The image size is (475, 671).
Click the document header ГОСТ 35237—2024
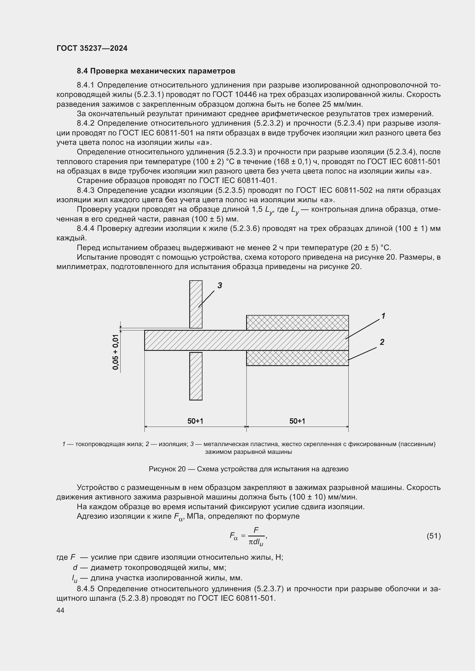click(x=92, y=48)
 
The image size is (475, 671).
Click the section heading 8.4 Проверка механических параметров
click(x=156, y=71)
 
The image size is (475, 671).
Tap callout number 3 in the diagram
click(x=220, y=285)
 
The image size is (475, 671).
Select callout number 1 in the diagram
click(x=383, y=316)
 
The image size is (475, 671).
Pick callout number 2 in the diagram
click(x=382, y=342)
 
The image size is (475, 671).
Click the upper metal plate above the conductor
click(x=196, y=304)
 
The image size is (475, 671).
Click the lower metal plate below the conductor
click(x=196, y=376)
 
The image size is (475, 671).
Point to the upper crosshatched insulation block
click(x=297, y=323)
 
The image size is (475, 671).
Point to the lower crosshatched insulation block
click(x=297, y=358)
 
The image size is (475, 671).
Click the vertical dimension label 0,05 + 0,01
click(x=116, y=352)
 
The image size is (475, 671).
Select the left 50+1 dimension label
click(x=195, y=421)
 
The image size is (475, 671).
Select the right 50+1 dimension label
click(x=297, y=421)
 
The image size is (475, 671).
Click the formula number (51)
click(x=433, y=536)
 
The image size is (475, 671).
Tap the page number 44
click(x=61, y=610)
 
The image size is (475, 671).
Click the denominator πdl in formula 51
click(x=256, y=542)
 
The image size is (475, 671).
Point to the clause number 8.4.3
click(x=86, y=190)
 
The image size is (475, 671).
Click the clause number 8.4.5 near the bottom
click(x=86, y=589)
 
